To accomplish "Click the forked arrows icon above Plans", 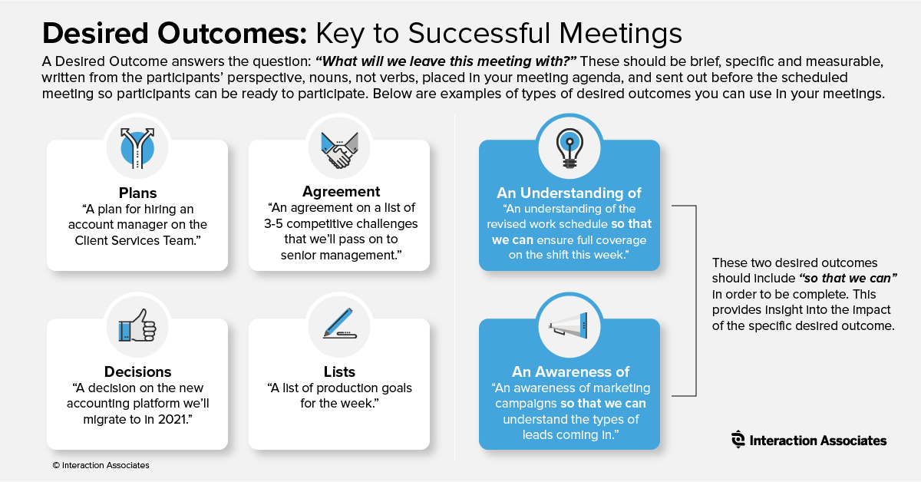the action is [x=137, y=148].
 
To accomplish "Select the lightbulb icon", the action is [x=569, y=148].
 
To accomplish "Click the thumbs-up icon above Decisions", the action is [x=137, y=325].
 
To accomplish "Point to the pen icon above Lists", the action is [x=339, y=323].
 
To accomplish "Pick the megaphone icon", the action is [x=568, y=325].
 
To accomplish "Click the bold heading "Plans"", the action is [x=137, y=193].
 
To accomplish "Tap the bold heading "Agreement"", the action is [x=342, y=192].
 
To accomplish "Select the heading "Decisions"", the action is [x=137, y=371].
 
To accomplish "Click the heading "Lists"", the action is [x=339, y=371].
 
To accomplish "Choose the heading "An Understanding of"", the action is [x=569, y=193].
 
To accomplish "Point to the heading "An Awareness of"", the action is [x=570, y=371].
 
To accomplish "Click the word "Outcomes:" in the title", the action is [x=233, y=33].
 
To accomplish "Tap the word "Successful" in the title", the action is [x=479, y=33].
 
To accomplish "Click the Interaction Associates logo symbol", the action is [x=738, y=439].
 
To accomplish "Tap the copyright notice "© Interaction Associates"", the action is [x=101, y=465].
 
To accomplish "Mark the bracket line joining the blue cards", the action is [x=695, y=301].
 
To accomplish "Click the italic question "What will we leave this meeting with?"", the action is [x=446, y=61].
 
